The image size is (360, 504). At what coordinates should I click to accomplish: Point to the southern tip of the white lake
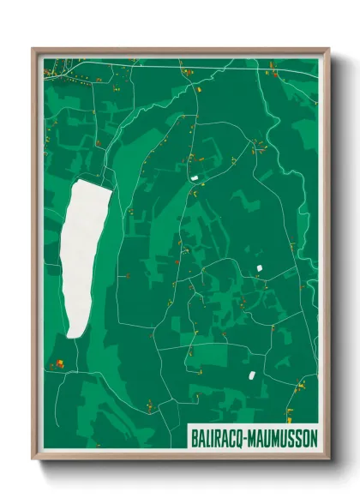click(75, 337)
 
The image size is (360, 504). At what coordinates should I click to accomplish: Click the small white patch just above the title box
click(252, 375)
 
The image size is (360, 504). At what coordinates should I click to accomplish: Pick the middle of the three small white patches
click(258, 269)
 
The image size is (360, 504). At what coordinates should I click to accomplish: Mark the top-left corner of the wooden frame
click(33, 49)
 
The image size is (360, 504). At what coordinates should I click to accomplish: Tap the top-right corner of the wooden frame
click(329, 49)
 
